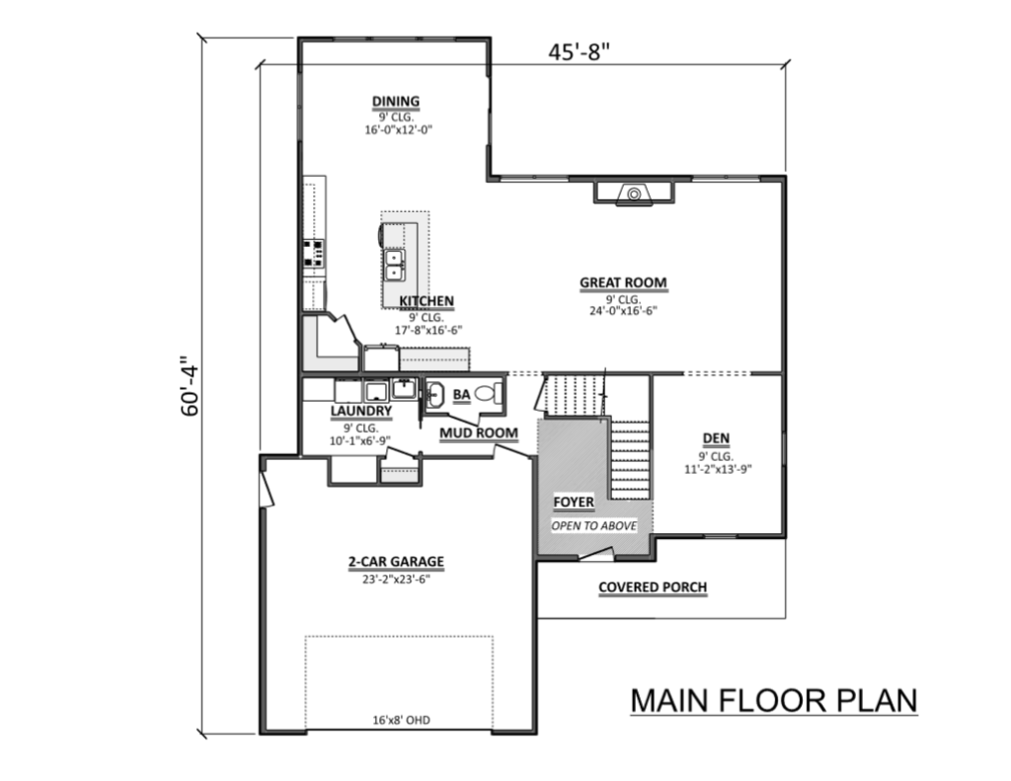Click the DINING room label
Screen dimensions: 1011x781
(396, 102)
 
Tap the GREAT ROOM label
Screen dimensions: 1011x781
(623, 282)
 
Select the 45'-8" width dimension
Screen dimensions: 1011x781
(579, 51)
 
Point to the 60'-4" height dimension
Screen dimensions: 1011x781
(191, 386)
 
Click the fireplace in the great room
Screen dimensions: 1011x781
(633, 194)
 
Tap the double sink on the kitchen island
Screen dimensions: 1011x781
(394, 265)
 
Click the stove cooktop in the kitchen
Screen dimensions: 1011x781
(314, 253)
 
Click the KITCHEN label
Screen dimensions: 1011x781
(427, 301)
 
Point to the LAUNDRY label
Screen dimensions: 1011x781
(361, 411)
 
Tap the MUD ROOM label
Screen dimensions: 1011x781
(479, 432)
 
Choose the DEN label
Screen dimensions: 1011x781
(717, 438)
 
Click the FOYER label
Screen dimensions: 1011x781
(574, 502)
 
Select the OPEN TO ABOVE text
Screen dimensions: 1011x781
(593, 525)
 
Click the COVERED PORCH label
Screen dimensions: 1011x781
(653, 587)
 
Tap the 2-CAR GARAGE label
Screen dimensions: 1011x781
(396, 562)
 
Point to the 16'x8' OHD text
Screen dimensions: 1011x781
(401, 720)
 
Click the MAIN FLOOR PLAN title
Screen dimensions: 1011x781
(774, 701)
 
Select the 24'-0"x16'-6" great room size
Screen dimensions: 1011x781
(623, 311)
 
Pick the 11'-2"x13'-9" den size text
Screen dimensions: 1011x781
(719, 469)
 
